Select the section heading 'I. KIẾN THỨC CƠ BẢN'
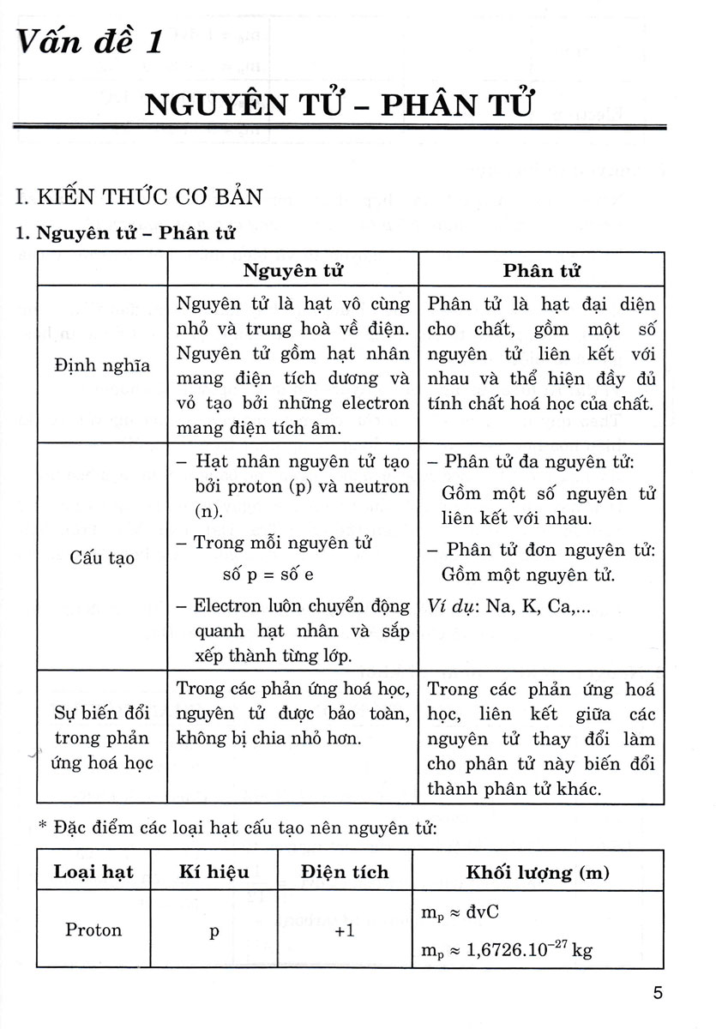[x=140, y=197]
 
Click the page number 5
[x=657, y=994]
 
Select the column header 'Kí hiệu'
[x=214, y=872]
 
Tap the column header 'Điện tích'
[x=345, y=872]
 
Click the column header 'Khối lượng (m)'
[x=538, y=872]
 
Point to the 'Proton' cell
[x=93, y=930]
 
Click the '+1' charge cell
[x=345, y=931]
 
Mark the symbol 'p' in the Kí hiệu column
[x=214, y=932]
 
